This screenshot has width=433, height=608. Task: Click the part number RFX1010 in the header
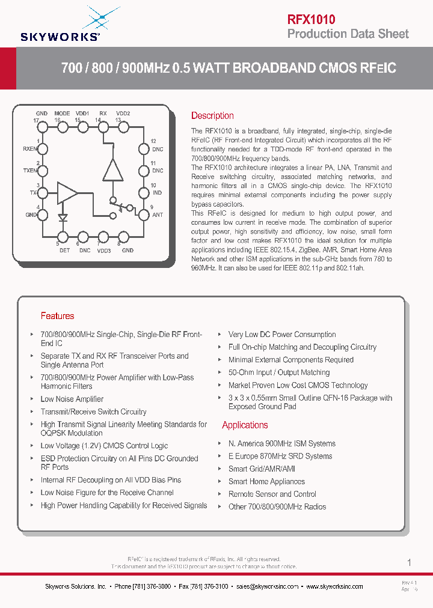coord(311,19)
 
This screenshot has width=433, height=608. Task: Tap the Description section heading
coord(212,115)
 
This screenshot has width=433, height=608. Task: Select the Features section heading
coord(57,315)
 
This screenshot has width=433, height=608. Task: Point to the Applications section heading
coord(245,425)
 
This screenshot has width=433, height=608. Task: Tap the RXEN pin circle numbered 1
coord(41,148)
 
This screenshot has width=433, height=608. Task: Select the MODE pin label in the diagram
coord(62,113)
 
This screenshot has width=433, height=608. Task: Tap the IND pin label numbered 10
coord(156,193)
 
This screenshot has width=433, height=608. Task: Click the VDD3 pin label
coord(103,251)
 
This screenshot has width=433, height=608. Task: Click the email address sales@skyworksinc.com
coord(267,586)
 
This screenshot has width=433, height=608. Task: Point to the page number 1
coord(410,563)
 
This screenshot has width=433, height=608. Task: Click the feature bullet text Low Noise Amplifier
coord(72,399)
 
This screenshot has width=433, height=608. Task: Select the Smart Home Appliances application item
coord(266,481)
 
